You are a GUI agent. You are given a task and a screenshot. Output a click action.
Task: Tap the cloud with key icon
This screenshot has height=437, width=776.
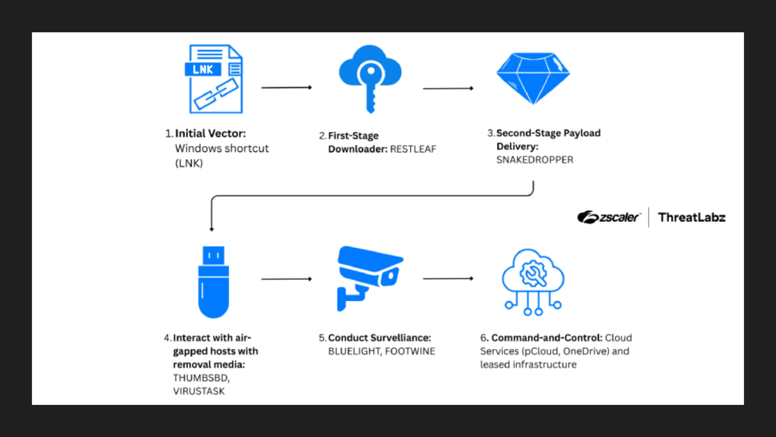pos(370,77)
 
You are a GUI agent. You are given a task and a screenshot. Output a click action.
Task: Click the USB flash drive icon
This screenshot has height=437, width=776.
pos(213,282)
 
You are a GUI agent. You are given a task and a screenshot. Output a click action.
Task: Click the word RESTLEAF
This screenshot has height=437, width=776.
pos(413,149)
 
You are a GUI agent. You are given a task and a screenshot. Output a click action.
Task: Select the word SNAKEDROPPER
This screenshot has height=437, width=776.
pos(535,160)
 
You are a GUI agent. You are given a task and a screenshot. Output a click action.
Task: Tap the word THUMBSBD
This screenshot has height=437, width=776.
pos(201,378)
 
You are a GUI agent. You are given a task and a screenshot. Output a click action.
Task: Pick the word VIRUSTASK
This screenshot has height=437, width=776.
pos(199,391)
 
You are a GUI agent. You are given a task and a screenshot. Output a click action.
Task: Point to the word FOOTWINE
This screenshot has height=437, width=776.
pos(410,351)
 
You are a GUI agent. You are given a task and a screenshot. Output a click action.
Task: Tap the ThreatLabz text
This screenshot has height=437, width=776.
pos(692,217)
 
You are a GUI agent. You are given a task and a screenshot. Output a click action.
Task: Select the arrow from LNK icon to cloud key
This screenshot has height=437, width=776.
pos(286,88)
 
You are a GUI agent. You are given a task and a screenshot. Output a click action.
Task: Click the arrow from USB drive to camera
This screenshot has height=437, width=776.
pos(286,279)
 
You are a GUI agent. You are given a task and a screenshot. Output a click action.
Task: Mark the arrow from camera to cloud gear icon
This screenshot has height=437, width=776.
pos(448,279)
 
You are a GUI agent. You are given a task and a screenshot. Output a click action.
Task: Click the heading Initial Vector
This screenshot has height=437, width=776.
pos(210,133)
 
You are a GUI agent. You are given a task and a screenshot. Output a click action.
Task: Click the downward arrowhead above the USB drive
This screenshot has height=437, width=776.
pos(212,229)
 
